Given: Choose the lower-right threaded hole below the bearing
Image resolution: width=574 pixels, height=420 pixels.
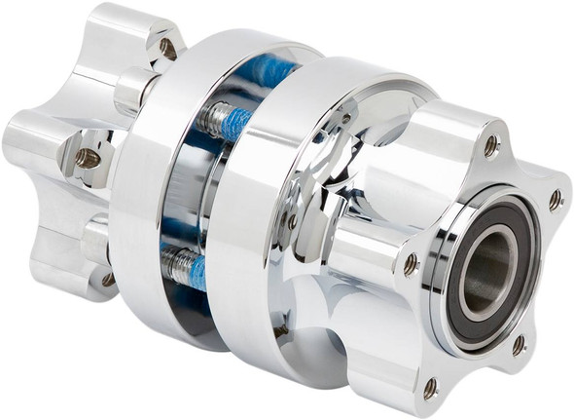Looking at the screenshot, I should coord(519,344).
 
